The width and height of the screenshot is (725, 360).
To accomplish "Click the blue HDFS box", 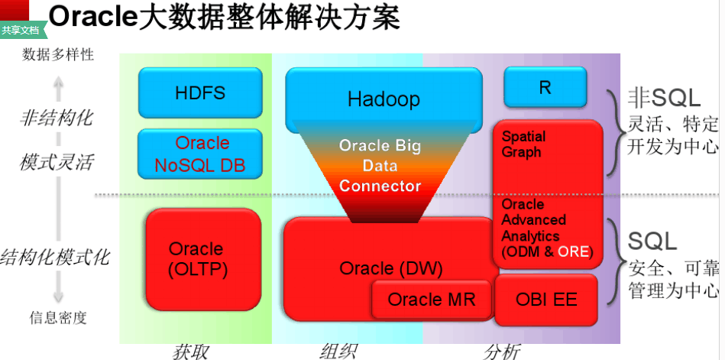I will pos(200,92).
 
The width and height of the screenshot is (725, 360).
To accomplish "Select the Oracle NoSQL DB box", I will pos(200,154).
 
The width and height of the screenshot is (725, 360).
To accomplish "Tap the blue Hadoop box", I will pos(384,99).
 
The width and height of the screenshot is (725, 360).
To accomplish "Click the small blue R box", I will pos(545,87).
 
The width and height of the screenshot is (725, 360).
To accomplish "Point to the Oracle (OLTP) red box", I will pos(196,259).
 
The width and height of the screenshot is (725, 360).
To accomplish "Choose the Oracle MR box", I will pos(431,299).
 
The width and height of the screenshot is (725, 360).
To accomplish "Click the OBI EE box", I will pos(546,299).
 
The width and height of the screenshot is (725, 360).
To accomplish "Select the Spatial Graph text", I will pos(524,144).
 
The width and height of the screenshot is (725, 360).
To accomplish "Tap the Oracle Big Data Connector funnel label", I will pos(380,165).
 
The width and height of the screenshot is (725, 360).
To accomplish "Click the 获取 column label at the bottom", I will pos(189,351).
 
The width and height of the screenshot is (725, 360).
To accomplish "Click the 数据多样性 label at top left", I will pos(58,54).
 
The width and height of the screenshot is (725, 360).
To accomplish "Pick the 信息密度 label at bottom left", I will pos(58,316).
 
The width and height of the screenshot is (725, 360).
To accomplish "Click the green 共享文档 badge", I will pos(21,31).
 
